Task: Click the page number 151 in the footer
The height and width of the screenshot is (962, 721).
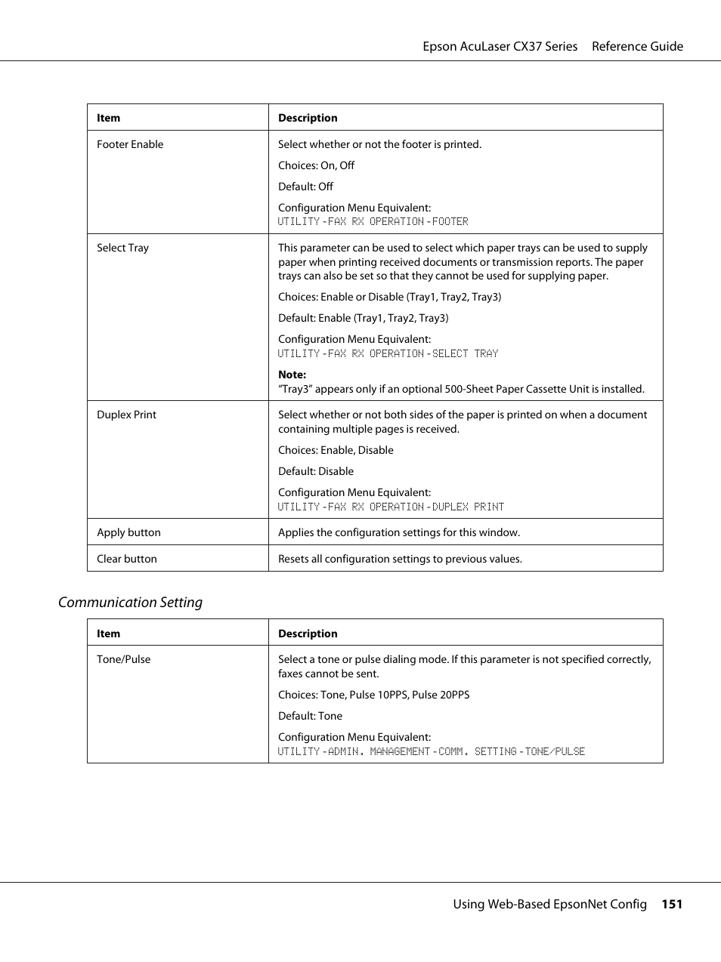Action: click(671, 904)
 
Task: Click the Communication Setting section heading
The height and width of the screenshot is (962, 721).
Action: click(130, 602)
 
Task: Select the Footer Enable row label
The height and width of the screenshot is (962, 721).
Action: click(130, 144)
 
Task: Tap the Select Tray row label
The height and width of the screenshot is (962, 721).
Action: click(122, 248)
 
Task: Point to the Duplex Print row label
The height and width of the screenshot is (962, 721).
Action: click(126, 415)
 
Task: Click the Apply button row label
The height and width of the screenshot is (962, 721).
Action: click(128, 532)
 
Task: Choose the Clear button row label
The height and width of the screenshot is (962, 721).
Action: click(126, 559)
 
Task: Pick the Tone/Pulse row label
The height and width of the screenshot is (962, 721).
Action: click(123, 659)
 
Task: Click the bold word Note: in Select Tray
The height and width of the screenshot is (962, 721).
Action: click(292, 375)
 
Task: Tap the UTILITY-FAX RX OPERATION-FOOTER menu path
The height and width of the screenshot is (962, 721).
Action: click(373, 221)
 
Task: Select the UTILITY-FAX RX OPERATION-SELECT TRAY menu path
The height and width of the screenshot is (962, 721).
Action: click(388, 353)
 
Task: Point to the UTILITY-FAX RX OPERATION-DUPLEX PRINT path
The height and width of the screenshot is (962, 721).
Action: click(391, 507)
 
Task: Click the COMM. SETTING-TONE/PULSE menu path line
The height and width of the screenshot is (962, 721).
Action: click(431, 751)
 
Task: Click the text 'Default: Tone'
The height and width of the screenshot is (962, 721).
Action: click(310, 716)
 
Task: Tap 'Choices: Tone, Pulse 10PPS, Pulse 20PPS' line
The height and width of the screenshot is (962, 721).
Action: click(373, 695)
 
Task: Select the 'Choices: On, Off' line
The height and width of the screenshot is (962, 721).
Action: click(316, 165)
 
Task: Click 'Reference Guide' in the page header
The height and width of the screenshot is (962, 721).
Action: click(637, 46)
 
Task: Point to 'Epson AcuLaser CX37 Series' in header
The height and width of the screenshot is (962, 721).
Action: click(500, 46)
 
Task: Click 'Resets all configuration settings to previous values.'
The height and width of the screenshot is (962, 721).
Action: click(400, 559)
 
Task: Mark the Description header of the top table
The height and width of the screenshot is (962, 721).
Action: click(308, 118)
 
